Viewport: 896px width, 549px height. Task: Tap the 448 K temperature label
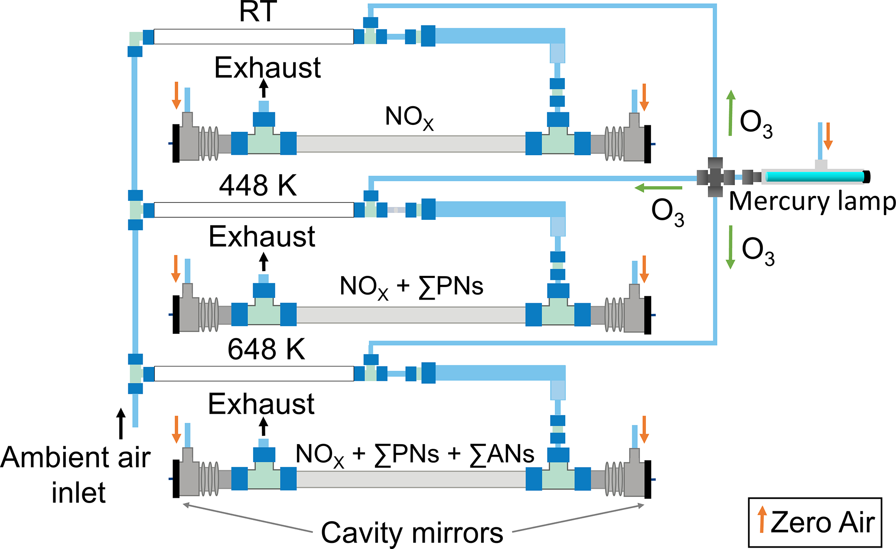[x=258, y=186]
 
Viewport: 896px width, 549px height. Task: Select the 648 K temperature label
[x=266, y=349]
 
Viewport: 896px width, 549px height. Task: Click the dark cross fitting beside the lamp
[x=715, y=177]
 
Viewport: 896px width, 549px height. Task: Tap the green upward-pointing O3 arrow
[x=731, y=113]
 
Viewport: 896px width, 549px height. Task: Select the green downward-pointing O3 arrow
[x=730, y=247]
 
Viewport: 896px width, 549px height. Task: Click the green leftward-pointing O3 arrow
[x=658, y=188]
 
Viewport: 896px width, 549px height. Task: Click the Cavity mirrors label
[x=412, y=533]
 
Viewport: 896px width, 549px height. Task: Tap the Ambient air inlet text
[x=76, y=475]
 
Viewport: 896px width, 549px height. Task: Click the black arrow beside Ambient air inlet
[x=121, y=423]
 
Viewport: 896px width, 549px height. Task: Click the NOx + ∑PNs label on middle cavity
[x=411, y=287]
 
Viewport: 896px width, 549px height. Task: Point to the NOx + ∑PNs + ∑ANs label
[x=415, y=455]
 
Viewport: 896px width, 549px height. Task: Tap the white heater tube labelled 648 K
[x=254, y=374]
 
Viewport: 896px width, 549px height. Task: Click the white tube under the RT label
[x=254, y=36]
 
